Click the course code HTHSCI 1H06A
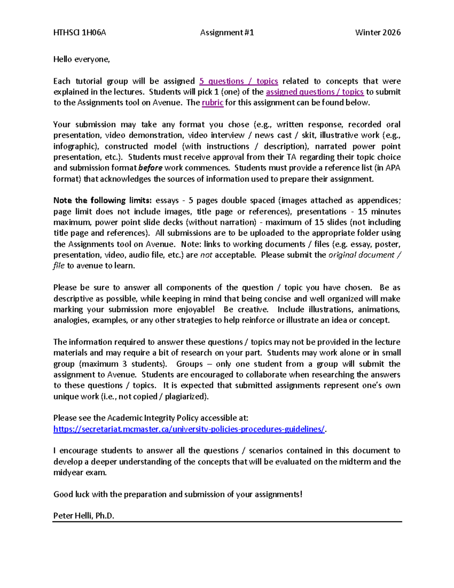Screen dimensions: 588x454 (x=79, y=33)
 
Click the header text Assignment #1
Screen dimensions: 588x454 (x=227, y=33)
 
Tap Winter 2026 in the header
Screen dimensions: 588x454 (x=378, y=33)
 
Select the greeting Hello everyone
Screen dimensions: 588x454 (x=81, y=59)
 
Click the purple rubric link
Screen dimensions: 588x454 (x=213, y=103)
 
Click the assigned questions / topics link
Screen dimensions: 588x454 (x=314, y=92)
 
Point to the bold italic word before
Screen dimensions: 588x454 (x=150, y=168)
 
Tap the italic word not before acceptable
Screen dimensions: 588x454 (x=206, y=255)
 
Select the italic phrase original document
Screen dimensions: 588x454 (x=361, y=255)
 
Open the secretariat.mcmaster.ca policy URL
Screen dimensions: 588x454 (x=189, y=429)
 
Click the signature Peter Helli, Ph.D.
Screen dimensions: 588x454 (x=84, y=516)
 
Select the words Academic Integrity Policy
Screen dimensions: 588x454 (x=153, y=418)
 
